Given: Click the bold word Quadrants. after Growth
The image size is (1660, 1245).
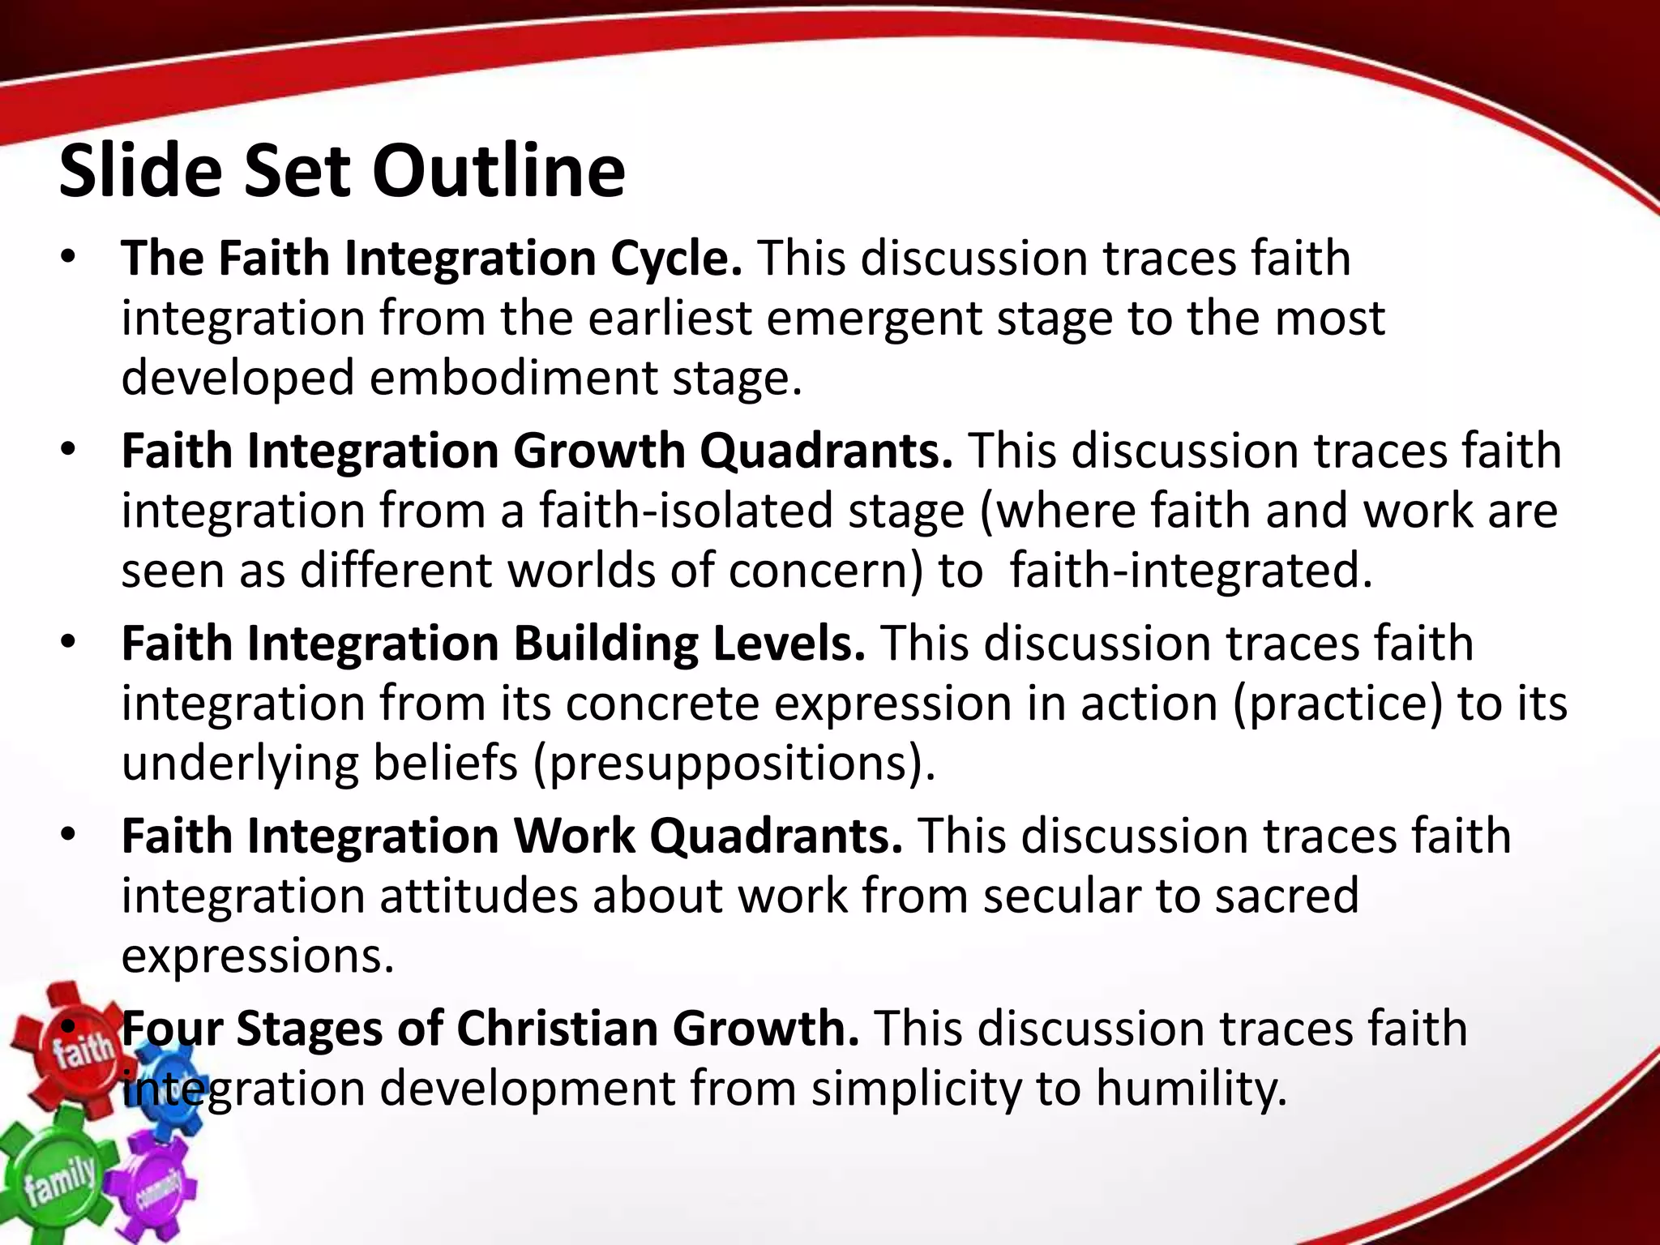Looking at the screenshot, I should tap(826, 451).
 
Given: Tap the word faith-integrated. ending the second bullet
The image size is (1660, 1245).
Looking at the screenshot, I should tap(1192, 571).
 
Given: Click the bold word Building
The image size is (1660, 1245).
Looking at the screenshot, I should tap(605, 644).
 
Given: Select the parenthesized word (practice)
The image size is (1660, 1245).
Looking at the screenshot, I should tap(1338, 704).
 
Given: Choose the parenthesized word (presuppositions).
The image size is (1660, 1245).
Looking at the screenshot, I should tap(734, 764).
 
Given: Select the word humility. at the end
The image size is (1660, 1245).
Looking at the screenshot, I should tap(1192, 1089).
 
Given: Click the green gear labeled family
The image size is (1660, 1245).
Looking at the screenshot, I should tap(57, 1179).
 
